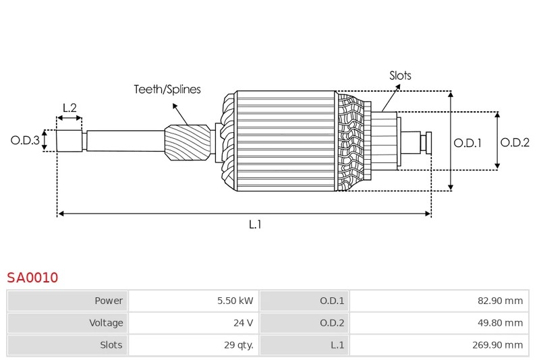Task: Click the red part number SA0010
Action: coord(32,277)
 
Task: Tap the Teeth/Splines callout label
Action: coord(167,89)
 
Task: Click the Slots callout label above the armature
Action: coord(400,76)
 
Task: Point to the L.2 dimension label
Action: coord(69,108)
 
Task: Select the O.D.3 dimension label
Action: coord(25,140)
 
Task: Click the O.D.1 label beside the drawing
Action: coord(467,142)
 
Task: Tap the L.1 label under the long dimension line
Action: coord(255,224)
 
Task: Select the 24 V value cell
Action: coord(243,323)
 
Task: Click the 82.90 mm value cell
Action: coord(500,301)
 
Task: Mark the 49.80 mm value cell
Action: coord(500,323)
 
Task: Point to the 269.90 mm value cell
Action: coord(497,344)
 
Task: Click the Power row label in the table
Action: coord(109,301)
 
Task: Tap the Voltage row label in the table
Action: coord(106,323)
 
